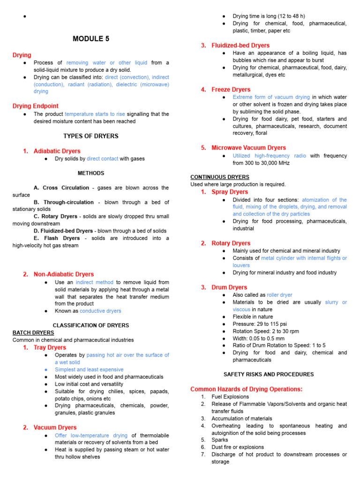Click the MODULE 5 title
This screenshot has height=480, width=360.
(91, 39)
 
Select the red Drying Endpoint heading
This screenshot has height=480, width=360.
(35, 106)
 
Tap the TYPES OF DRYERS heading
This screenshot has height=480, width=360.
(91, 136)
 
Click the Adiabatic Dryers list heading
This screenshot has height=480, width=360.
(57, 151)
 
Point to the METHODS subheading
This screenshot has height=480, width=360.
(91, 173)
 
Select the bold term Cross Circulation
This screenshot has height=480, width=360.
(66, 187)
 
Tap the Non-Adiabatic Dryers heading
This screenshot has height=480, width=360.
(63, 274)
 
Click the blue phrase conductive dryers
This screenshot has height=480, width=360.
(100, 311)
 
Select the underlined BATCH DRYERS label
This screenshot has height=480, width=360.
(33, 333)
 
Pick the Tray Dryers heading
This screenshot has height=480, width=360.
(50, 347)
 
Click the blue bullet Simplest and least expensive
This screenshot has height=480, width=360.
(89, 369)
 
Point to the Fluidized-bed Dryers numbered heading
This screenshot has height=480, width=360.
(240, 45)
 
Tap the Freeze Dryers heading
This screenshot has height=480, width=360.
(231, 90)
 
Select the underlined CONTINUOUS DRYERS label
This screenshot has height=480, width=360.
(220, 177)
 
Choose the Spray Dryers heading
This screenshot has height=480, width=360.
(230, 192)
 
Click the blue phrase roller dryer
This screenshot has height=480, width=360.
(279, 295)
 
